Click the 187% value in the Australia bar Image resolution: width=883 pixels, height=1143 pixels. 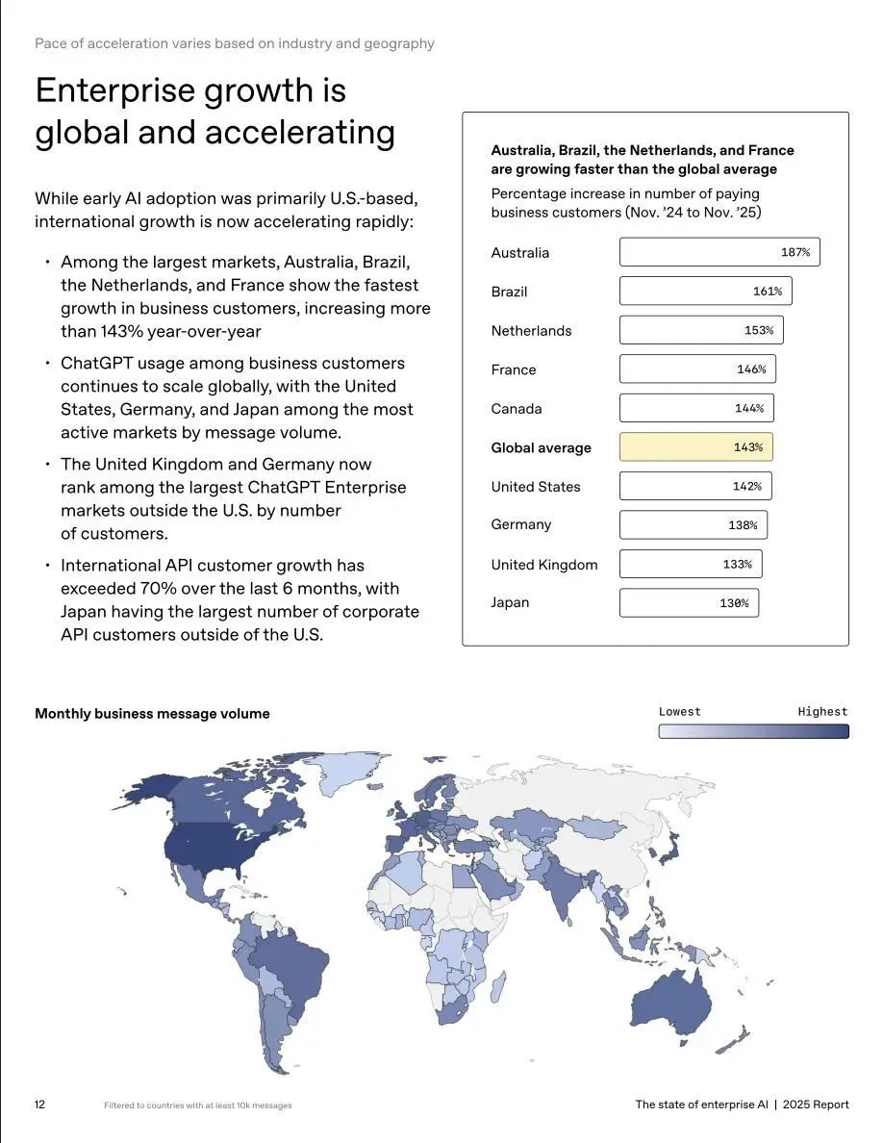(x=795, y=253)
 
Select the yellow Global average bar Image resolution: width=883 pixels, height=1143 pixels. (x=695, y=447)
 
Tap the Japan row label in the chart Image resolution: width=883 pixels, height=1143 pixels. (x=510, y=603)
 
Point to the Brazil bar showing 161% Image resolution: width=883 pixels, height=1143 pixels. (x=705, y=292)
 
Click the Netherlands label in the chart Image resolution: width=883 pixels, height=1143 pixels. (x=531, y=331)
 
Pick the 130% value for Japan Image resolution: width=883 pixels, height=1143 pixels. (x=734, y=603)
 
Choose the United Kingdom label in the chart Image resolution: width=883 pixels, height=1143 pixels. (x=543, y=565)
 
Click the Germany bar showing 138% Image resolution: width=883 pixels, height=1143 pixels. (x=693, y=525)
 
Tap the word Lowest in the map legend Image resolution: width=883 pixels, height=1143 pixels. (x=680, y=712)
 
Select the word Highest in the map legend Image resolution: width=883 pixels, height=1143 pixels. (x=822, y=712)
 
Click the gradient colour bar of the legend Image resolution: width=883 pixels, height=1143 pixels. (x=753, y=731)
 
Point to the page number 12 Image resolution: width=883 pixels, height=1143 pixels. (x=40, y=1105)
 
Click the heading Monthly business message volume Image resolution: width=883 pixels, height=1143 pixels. (x=152, y=714)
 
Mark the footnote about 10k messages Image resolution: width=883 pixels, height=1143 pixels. (x=197, y=1105)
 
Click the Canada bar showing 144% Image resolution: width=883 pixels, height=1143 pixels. (x=695, y=409)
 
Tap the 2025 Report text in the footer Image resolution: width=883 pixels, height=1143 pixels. (x=816, y=1105)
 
